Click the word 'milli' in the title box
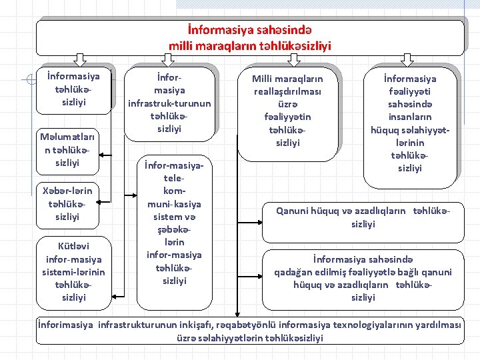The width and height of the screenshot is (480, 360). click(182, 46)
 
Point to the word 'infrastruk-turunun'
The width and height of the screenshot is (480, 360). click(169, 103)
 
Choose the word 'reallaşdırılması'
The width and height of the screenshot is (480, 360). click(287, 91)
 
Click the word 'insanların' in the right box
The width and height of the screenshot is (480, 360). click(411, 118)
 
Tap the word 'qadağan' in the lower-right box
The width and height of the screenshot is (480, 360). click(294, 272)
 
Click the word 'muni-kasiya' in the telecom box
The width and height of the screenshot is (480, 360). click(175, 204)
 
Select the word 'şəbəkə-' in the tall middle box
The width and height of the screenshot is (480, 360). click(175, 229)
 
